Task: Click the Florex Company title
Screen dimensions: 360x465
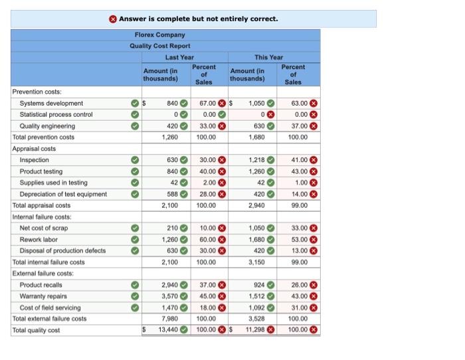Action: click(x=159, y=35)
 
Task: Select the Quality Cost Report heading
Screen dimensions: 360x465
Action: click(x=159, y=46)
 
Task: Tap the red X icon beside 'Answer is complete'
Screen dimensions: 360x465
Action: click(x=114, y=19)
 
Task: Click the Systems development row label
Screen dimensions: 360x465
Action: click(x=52, y=104)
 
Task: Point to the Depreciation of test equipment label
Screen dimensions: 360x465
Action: click(x=63, y=194)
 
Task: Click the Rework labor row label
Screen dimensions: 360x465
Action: click(x=39, y=240)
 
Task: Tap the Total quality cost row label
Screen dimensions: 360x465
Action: click(x=36, y=330)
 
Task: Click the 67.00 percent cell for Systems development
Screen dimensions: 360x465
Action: click(x=207, y=104)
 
